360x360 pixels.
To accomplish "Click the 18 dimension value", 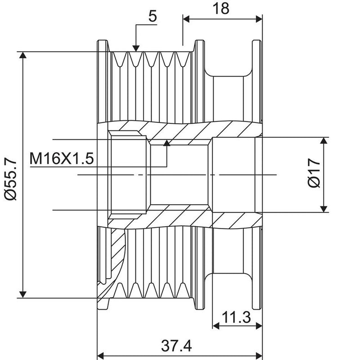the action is point(221,9).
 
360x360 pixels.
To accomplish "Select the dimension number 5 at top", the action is point(153,16).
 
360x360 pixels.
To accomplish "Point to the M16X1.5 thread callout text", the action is point(62,158).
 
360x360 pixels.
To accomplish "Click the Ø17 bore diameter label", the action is point(314,173).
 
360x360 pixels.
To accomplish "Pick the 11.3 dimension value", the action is point(236,317).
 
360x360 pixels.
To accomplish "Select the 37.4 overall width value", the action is point(176,346).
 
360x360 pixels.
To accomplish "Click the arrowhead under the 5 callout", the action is point(136,49).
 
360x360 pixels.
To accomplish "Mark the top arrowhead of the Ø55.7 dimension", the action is point(23,55).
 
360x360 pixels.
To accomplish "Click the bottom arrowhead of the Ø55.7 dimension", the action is point(23,294).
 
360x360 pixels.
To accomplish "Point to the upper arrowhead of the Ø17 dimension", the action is point(324,140).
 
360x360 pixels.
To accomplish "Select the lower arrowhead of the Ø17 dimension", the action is point(324,209).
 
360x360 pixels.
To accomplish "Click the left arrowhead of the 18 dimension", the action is point(186,19).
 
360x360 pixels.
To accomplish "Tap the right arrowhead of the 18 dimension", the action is point(259,19).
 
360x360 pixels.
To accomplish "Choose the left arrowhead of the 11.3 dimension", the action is point(216,325).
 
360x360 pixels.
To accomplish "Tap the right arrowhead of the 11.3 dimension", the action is point(259,325).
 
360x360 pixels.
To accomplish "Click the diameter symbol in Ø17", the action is point(314,182).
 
